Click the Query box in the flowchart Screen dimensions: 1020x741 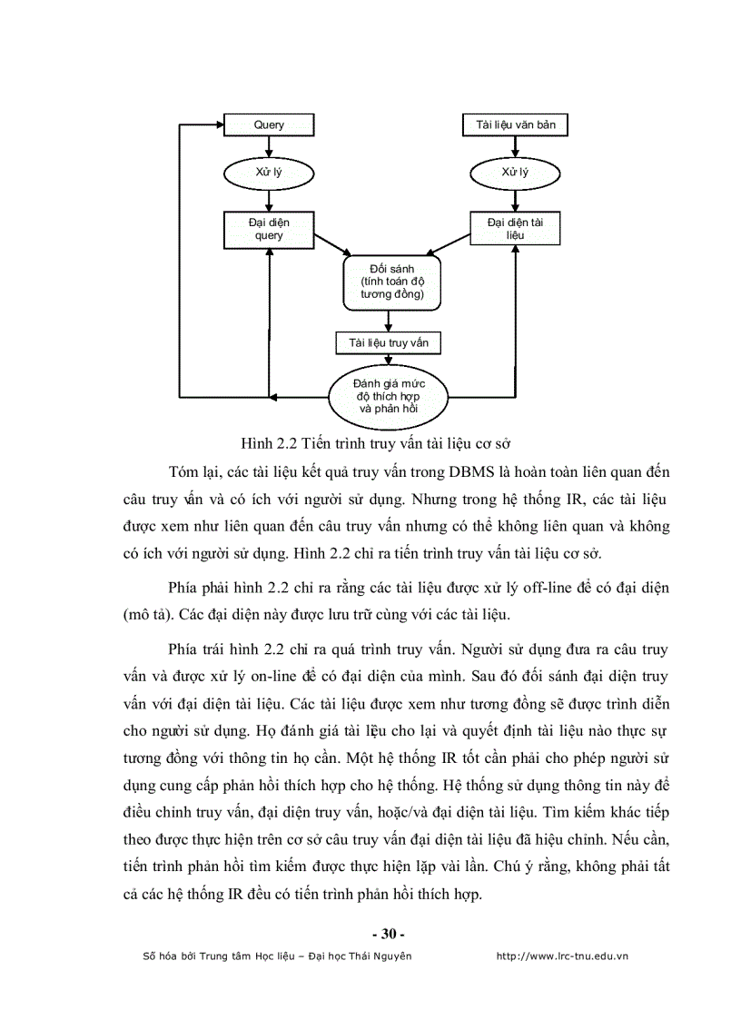pos(269,124)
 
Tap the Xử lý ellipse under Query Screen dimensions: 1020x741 pos(269,172)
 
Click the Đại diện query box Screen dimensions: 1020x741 pos(269,229)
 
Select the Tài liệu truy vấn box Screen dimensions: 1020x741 pos(388,342)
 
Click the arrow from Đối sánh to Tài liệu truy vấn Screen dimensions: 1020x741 pos(389,321)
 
